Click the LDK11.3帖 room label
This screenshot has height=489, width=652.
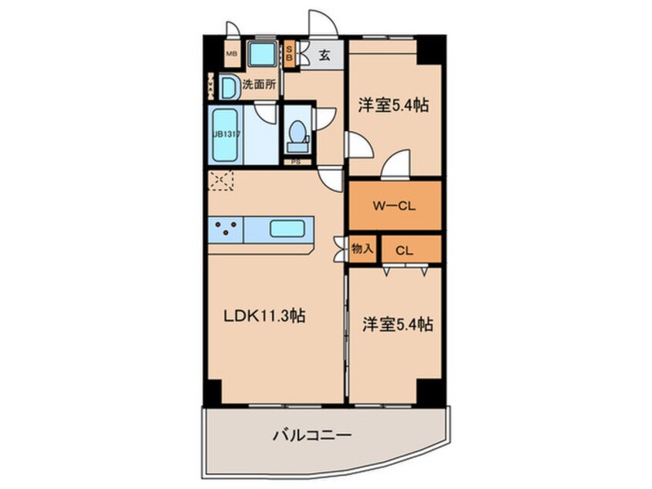tap(264, 316)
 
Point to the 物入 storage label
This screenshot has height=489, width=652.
tap(361, 249)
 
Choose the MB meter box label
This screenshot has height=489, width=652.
tap(231, 55)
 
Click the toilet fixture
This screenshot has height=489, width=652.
tap(296, 137)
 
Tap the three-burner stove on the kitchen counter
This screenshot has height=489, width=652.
tap(225, 229)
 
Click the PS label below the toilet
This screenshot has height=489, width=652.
tap(297, 162)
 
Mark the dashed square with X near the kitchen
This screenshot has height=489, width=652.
tap(221, 181)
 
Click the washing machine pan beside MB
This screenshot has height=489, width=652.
tap(263, 54)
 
